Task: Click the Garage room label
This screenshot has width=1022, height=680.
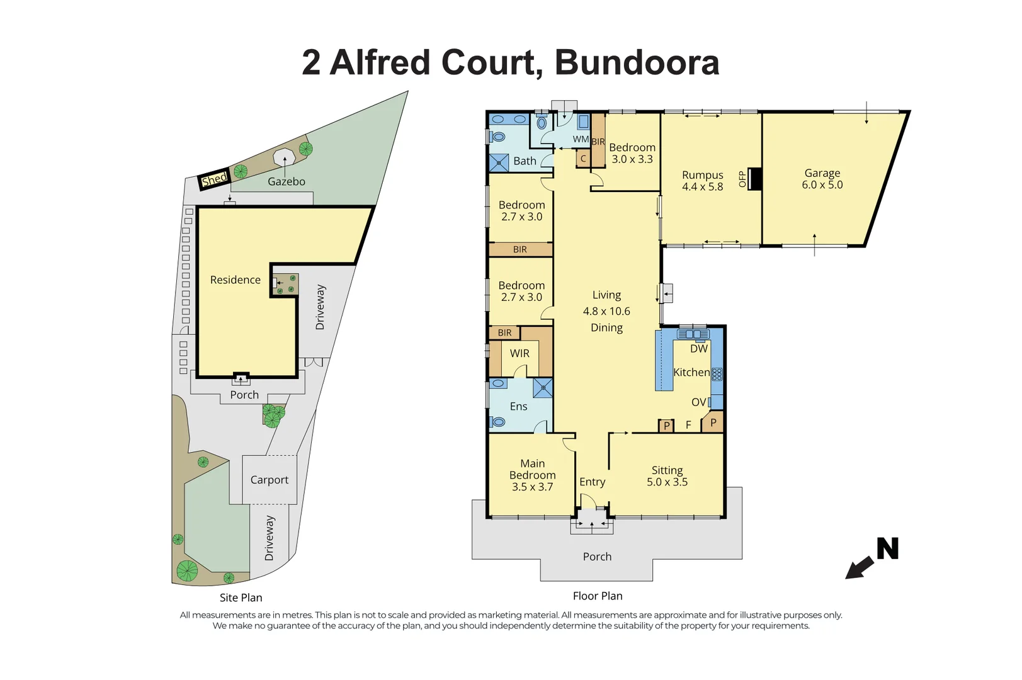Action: [x=822, y=179]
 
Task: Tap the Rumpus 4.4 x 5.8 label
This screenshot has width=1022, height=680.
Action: [x=702, y=181]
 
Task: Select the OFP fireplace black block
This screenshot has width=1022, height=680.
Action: [x=755, y=179]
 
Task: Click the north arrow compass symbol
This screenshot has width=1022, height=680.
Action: [x=872, y=557]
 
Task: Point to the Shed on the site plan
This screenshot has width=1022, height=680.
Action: [x=214, y=179]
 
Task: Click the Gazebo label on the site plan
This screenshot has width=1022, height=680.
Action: [x=286, y=181]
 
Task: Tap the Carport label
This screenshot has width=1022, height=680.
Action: [x=269, y=480]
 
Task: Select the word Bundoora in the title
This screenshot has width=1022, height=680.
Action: [x=637, y=63]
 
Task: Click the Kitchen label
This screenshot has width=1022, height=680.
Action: [x=691, y=372]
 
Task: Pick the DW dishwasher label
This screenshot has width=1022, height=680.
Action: [x=699, y=349]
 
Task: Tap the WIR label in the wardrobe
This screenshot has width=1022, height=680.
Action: [x=520, y=353]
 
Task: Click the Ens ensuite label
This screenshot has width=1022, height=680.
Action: [x=518, y=406]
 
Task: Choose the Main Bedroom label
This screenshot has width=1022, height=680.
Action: [x=532, y=475]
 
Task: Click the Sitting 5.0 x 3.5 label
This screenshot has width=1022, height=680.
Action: [x=667, y=476]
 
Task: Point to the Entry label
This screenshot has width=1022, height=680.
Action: [x=592, y=482]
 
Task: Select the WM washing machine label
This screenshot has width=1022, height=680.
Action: [x=581, y=139]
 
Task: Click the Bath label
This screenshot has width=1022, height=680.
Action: [x=525, y=161]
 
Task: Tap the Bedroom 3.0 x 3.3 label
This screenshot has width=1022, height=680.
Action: [x=632, y=153]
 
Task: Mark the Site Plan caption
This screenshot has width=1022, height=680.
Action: [x=241, y=598]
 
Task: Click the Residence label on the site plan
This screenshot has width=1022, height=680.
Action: [x=235, y=280]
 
